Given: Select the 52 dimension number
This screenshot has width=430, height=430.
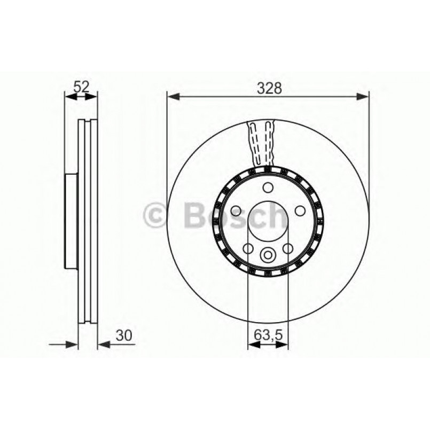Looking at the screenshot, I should tap(81, 86).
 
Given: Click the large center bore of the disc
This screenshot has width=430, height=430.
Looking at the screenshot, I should tap(268, 223).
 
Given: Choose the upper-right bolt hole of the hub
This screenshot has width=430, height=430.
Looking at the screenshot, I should tap(301, 211).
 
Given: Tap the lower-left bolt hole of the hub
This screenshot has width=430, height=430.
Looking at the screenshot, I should tap(248, 248).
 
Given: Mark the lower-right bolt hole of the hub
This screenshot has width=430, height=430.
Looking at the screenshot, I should tap(288, 248).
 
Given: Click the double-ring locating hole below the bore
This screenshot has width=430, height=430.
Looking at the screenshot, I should tap(268, 256).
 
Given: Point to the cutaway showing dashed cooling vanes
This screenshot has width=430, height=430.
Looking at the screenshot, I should tap(262, 143).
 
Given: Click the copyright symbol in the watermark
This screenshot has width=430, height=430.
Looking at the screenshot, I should tap(156, 216).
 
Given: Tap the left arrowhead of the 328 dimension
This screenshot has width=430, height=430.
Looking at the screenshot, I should tap(172, 97).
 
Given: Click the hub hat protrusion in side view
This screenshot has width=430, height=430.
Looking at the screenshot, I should tap(71, 222).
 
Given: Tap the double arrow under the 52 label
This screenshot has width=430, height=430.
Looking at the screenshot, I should tap(81, 97).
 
